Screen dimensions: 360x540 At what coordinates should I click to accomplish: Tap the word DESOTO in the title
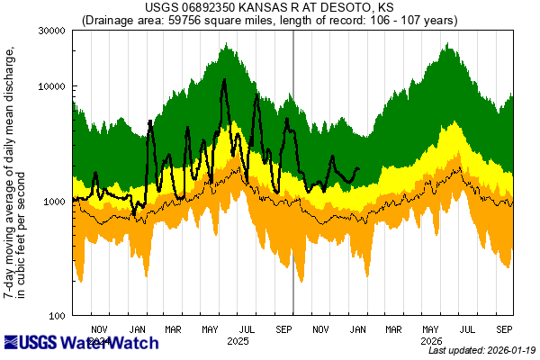[342, 8]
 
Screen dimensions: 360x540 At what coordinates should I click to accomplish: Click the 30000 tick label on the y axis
[49, 31]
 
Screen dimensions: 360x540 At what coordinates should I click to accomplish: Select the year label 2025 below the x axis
[238, 341]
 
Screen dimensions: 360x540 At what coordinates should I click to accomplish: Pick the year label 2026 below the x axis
[432, 341]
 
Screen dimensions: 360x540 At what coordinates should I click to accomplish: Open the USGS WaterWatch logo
[81, 343]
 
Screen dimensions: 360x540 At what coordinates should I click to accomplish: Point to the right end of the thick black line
[359, 168]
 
